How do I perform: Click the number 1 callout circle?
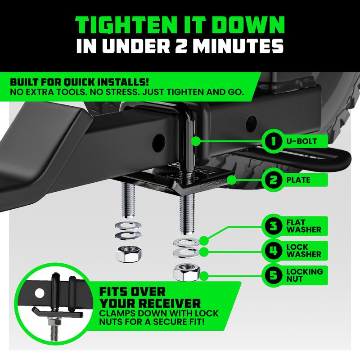pos(272,141)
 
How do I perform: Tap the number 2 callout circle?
pos(272,180)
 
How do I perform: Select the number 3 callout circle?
pos(272,226)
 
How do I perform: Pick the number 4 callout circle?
pos(272,251)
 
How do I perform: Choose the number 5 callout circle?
pos(272,275)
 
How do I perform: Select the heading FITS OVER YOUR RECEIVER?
pos(148,296)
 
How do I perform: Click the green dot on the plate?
pos(231,180)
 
